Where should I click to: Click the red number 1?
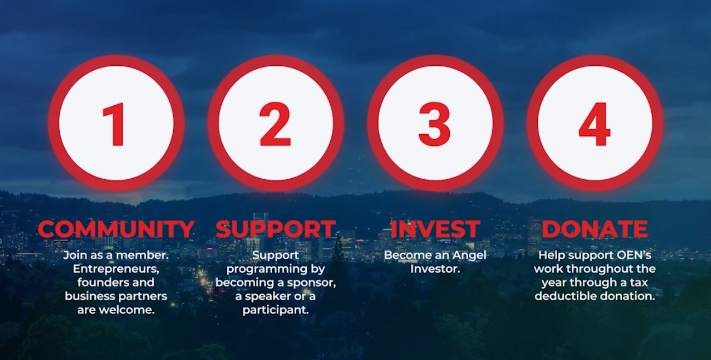(115, 124)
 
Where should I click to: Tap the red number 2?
(275, 124)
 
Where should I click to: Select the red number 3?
(435, 124)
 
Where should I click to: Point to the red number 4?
(595, 124)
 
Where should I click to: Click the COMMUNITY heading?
(116, 229)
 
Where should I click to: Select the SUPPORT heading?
(276, 229)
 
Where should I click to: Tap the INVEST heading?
(435, 229)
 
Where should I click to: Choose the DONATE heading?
(595, 229)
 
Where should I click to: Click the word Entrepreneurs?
(116, 269)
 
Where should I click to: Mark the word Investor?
(435, 269)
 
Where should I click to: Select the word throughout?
(601, 270)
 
